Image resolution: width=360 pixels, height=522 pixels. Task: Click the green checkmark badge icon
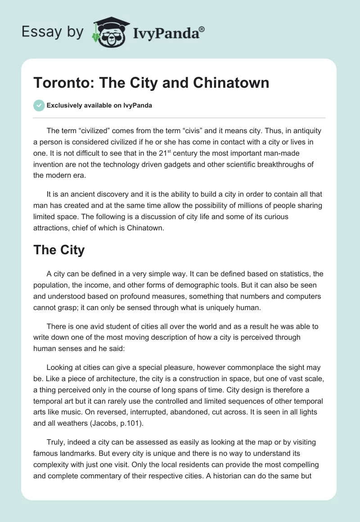pyautogui.click(x=39, y=105)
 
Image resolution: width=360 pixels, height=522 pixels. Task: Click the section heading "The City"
pyautogui.click(x=59, y=250)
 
